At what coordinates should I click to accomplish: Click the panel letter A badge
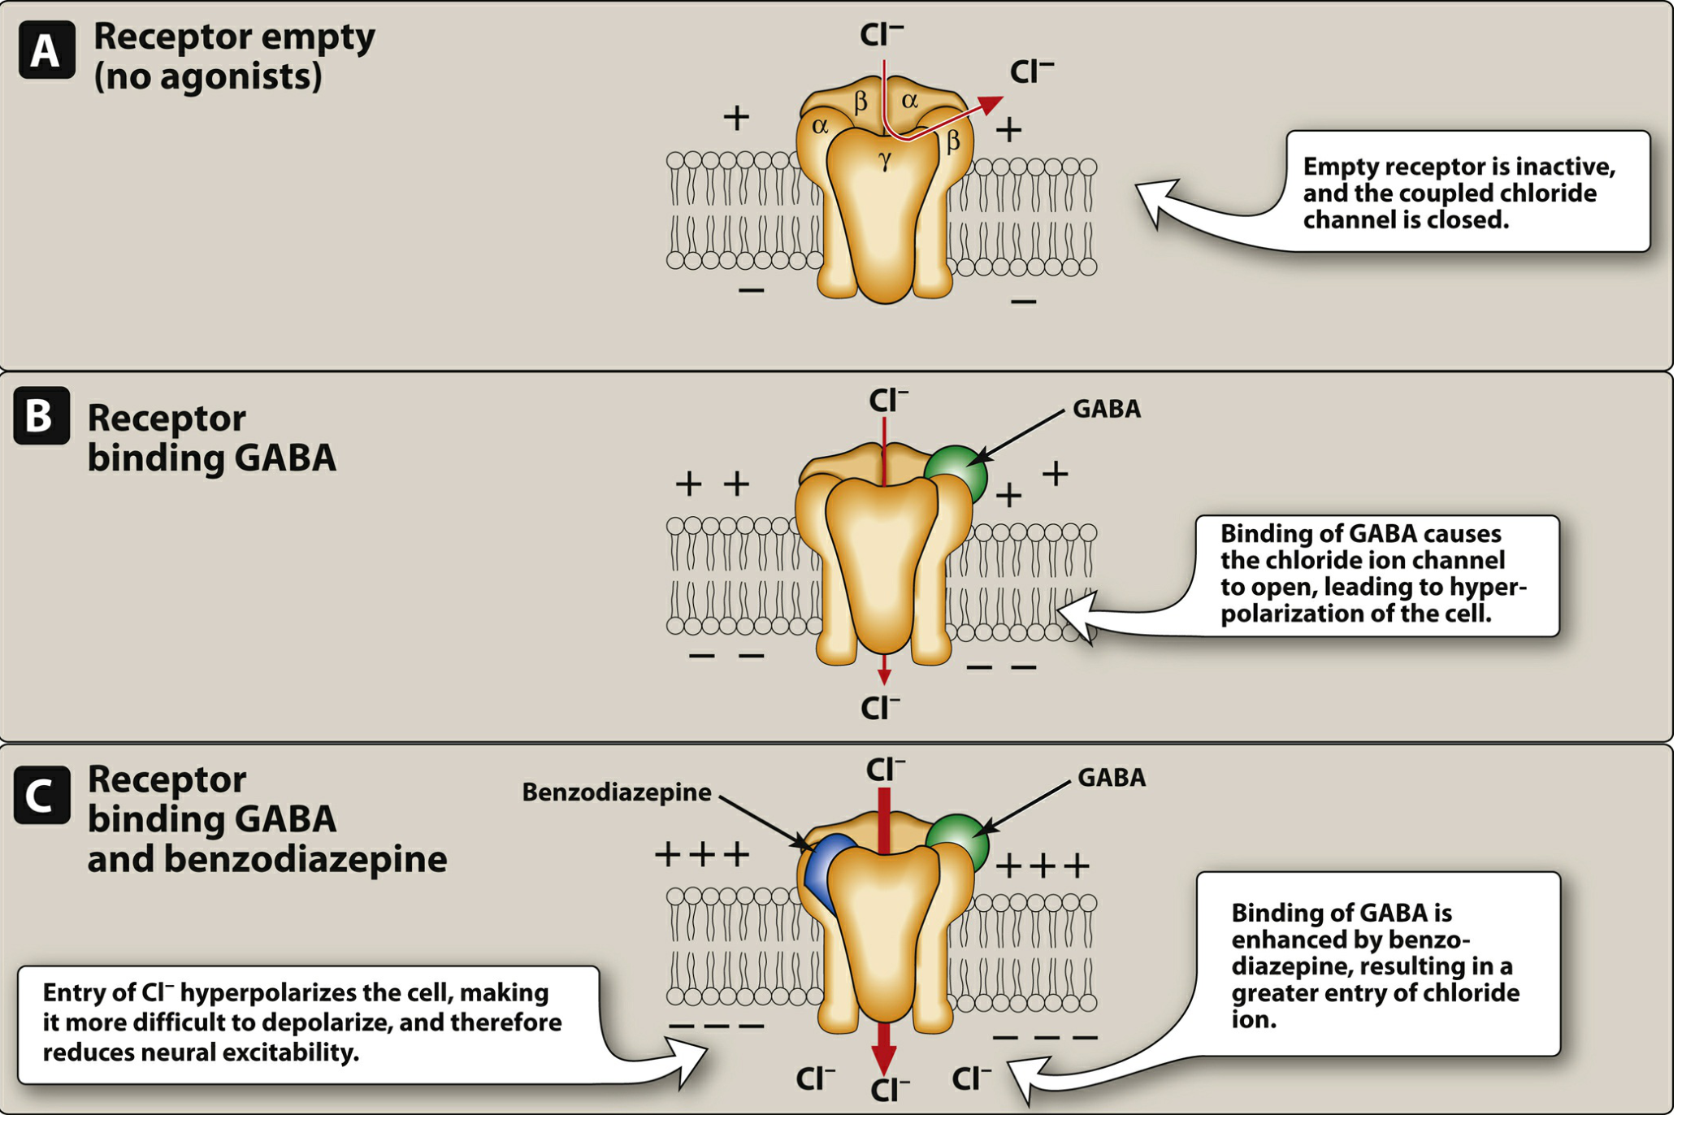click(47, 50)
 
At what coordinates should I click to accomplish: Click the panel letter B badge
click(41, 416)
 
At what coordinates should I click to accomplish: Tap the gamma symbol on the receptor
click(885, 161)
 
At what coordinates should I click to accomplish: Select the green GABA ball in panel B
click(956, 475)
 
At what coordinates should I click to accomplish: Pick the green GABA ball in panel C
click(958, 844)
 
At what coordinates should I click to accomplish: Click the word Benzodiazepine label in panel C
click(617, 792)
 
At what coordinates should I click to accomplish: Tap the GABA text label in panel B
click(1107, 409)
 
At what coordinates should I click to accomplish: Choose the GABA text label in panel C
click(1112, 778)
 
